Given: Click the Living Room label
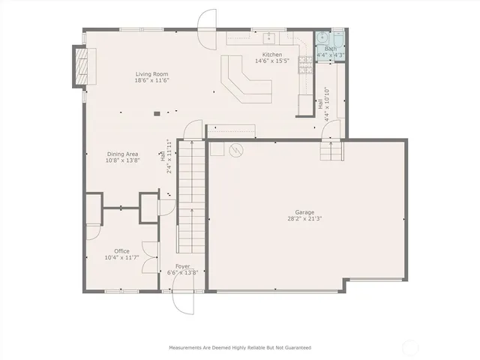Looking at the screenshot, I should [151, 73].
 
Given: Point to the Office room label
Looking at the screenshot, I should [121, 250].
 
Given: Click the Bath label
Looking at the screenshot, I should [330, 49].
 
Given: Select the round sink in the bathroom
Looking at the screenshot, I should [322, 37].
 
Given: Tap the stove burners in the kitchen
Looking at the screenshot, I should [305, 66].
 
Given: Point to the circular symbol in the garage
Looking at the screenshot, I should [237, 150].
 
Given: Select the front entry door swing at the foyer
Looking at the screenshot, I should [183, 301].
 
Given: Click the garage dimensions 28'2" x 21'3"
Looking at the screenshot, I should [304, 219].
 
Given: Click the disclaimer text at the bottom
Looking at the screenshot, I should [239, 347].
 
